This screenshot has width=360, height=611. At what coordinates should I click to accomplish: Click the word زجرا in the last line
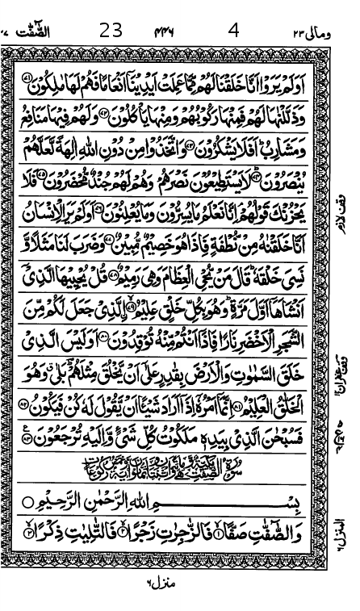(x=162, y=535)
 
